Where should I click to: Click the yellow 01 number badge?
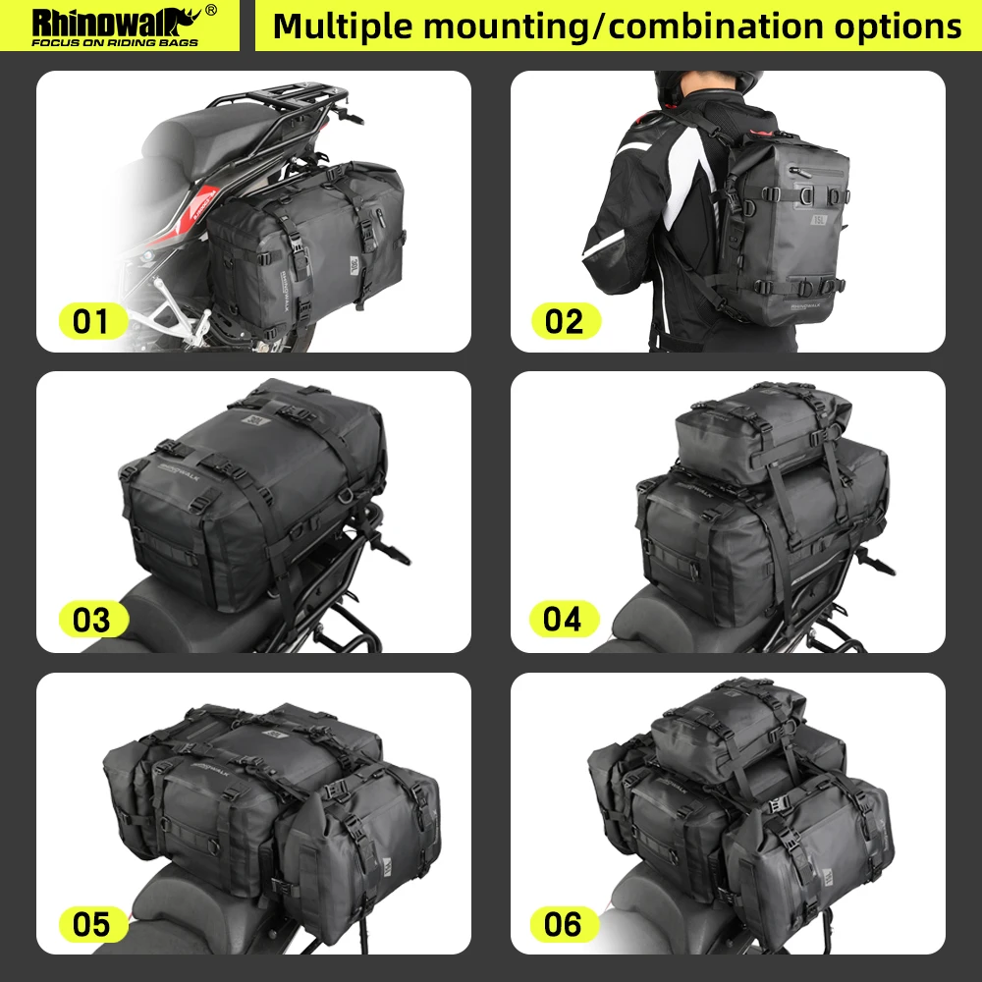(91, 321)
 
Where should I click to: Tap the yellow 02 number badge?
(566, 321)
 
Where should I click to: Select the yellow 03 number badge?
(91, 621)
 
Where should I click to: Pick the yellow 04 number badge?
(564, 620)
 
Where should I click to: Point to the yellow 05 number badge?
(91, 924)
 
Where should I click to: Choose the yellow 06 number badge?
(564, 924)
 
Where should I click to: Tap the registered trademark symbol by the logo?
(210, 11)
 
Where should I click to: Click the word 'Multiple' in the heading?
(340, 27)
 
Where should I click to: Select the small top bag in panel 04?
(761, 432)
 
